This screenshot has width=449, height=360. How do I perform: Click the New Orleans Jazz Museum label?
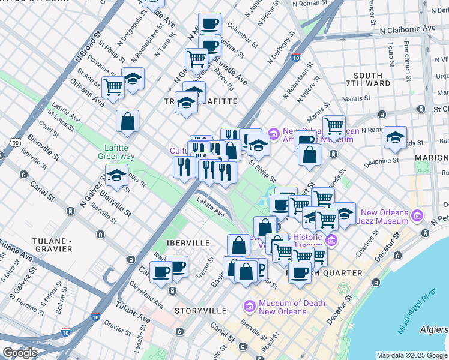pyautogui.click(x=393, y=217)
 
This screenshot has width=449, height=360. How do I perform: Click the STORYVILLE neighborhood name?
pyautogui.click(x=200, y=311)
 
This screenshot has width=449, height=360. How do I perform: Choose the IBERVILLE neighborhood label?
pyautogui.click(x=188, y=243)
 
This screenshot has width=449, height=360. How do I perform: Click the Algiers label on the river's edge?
pyautogui.click(x=435, y=329)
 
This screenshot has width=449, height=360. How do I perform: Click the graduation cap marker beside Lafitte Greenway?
pyautogui.click(x=116, y=176)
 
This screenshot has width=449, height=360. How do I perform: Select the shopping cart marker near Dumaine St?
pyautogui.click(x=113, y=87)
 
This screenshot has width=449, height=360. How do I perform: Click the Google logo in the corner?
pyautogui.click(x=20, y=353)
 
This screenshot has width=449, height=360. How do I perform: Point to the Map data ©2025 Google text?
pyautogui.click(x=412, y=355)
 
